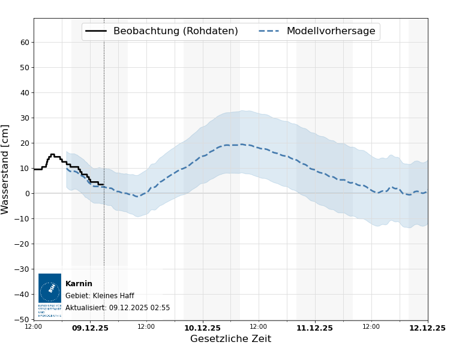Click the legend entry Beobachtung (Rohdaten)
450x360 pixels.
tap(175, 31)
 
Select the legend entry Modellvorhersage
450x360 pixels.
tap(331, 31)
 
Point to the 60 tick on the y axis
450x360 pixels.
tap(25, 43)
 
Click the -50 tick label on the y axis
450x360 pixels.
tap(23, 320)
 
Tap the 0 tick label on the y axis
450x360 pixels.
tap(27, 194)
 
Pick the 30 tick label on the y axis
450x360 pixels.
tap(25, 118)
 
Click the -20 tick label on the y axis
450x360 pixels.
tap(23, 244)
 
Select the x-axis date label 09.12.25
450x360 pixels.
tap(90, 328)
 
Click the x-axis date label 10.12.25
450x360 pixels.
tap(202, 328)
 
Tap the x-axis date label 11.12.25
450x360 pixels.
tap(314, 328)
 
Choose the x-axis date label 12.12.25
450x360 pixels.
tap(427, 328)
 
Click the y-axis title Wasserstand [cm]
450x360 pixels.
tap(6, 169)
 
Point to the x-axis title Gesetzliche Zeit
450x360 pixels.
tap(230, 339)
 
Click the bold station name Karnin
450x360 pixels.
tap(79, 284)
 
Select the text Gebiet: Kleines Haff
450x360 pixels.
tap(100, 296)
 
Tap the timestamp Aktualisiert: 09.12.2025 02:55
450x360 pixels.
tap(118, 308)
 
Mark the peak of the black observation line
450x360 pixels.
tap(52, 154)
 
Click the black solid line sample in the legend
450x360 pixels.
tap(96, 31)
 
